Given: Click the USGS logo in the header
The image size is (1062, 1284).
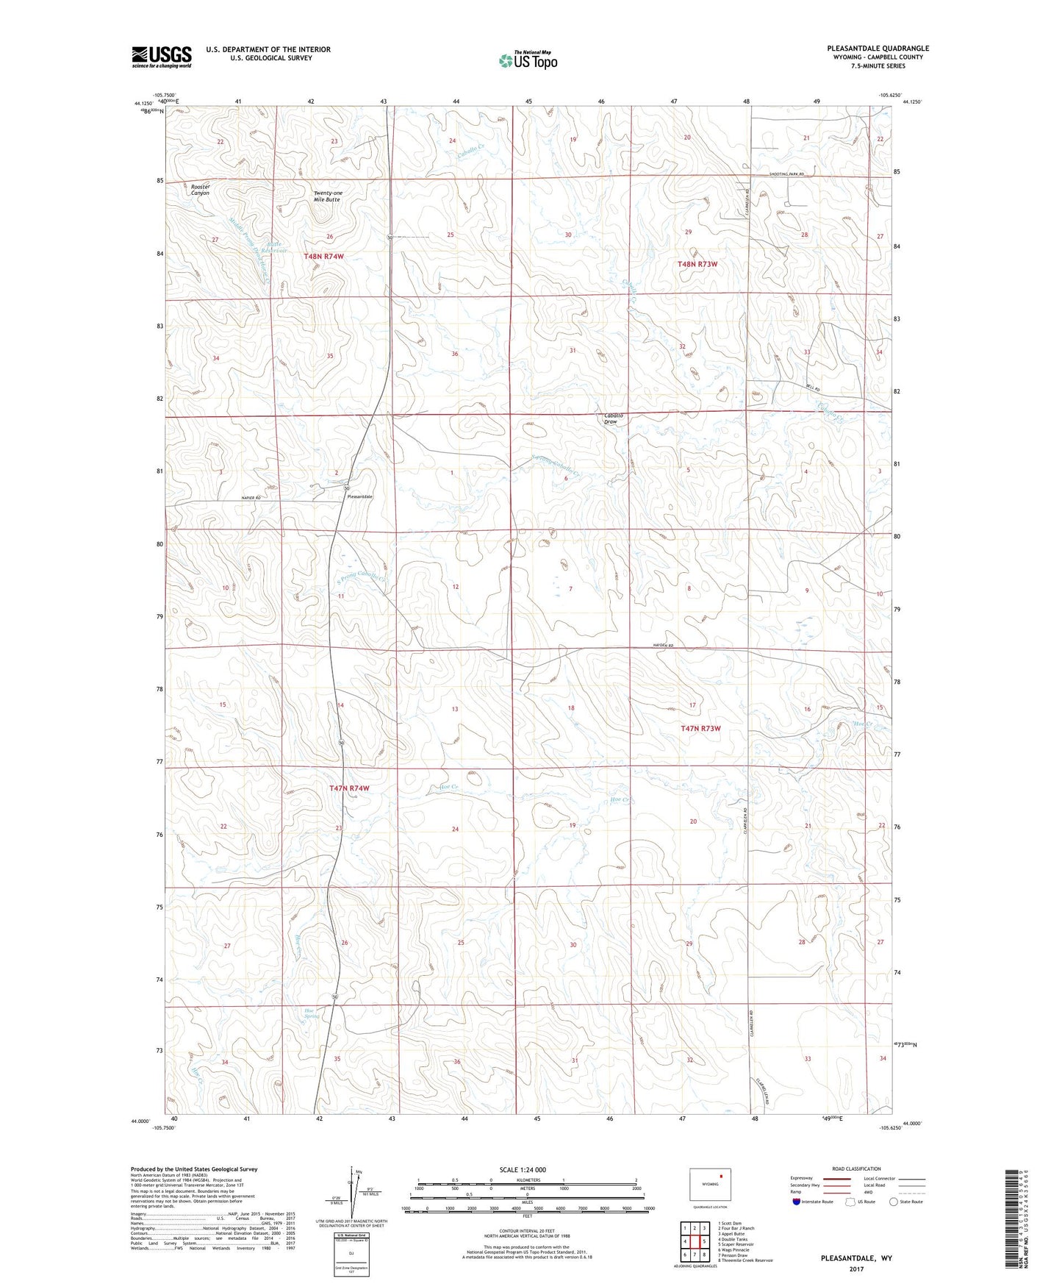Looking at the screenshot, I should [161, 57].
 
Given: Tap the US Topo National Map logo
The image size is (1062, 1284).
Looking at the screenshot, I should [527, 60].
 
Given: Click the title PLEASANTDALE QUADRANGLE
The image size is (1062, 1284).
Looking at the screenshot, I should [878, 49].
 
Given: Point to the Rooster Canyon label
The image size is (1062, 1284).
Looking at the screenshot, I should [200, 190].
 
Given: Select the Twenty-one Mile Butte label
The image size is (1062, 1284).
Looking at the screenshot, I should [328, 196].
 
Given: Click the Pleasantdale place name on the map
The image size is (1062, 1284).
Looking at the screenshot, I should [360, 497].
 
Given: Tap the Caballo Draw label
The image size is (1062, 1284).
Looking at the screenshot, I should [613, 418].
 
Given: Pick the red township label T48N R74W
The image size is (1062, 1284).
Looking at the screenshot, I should [323, 256].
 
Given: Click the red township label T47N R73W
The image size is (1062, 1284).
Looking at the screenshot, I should [700, 728].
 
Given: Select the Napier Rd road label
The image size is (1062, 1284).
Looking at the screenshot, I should [251, 498].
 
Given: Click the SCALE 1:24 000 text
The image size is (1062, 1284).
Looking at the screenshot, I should [523, 1169].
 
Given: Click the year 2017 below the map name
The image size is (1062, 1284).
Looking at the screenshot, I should [856, 1269].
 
